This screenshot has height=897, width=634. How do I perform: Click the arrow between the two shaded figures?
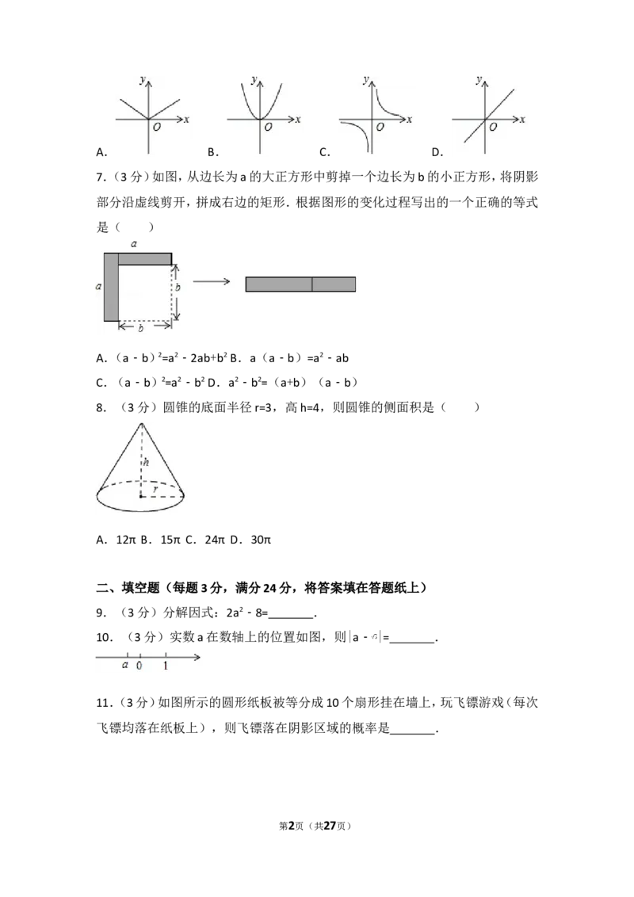coord(211,281)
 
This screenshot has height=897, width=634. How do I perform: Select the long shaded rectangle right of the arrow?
coord(300,284)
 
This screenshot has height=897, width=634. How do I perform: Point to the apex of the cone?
coord(141,423)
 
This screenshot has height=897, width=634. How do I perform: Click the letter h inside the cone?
coord(147,462)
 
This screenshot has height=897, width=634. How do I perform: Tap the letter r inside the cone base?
coord(155,489)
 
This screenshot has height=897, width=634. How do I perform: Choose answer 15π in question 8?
coord(170,540)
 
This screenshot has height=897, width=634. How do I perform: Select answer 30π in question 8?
coord(261,540)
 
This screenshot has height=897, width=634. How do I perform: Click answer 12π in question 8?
coord(126,540)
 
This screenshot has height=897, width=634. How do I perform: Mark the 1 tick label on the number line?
coord(166,666)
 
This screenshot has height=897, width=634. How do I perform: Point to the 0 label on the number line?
coord(139,666)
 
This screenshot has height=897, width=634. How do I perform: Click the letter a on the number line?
coord(125,665)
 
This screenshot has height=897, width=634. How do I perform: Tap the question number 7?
coord(101,177)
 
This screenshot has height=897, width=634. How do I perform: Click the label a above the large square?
coord(134,244)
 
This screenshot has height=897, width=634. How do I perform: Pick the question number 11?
coord(103,703)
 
